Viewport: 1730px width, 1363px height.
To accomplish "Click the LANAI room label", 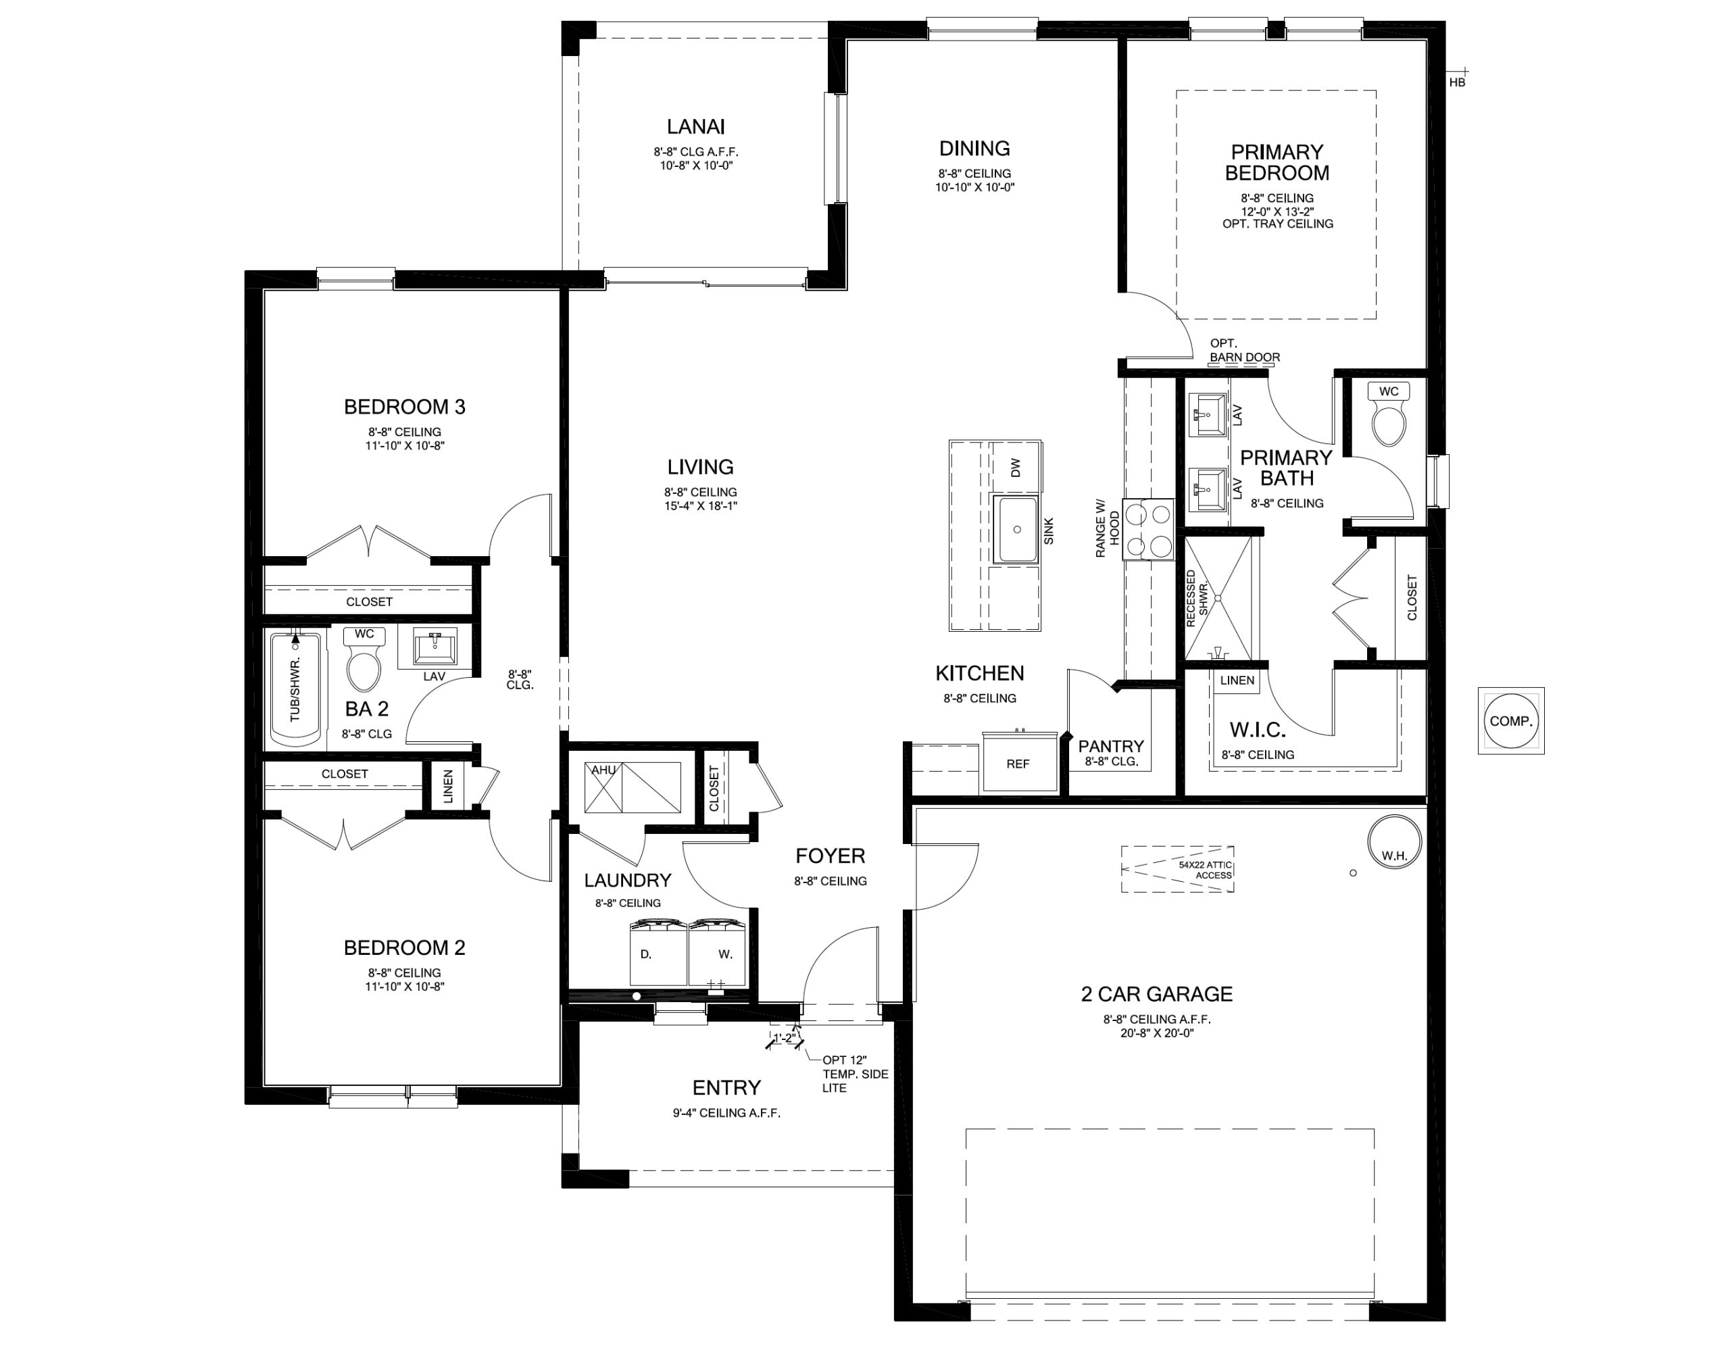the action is click(696, 127).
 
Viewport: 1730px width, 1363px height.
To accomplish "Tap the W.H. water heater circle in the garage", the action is click(1394, 843).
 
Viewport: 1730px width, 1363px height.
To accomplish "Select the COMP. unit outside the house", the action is click(1510, 720).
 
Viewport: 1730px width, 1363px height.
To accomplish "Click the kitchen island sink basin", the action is click(1016, 529).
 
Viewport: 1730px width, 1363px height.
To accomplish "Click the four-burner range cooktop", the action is click(1148, 529).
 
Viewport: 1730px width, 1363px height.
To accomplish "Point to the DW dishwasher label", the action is click(1016, 468).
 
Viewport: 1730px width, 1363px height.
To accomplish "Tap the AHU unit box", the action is click(633, 788).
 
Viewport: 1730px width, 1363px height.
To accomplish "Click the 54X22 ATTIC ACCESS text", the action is click(1206, 870).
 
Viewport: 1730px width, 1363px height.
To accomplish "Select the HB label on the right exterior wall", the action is click(1457, 82).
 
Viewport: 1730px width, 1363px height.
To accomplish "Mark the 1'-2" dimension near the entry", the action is click(785, 1038).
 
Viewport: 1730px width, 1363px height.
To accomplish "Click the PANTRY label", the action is click(1111, 746).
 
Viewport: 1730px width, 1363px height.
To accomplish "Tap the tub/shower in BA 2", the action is click(295, 689).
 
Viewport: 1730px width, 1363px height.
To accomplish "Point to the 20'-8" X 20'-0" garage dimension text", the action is click(1157, 1033).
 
